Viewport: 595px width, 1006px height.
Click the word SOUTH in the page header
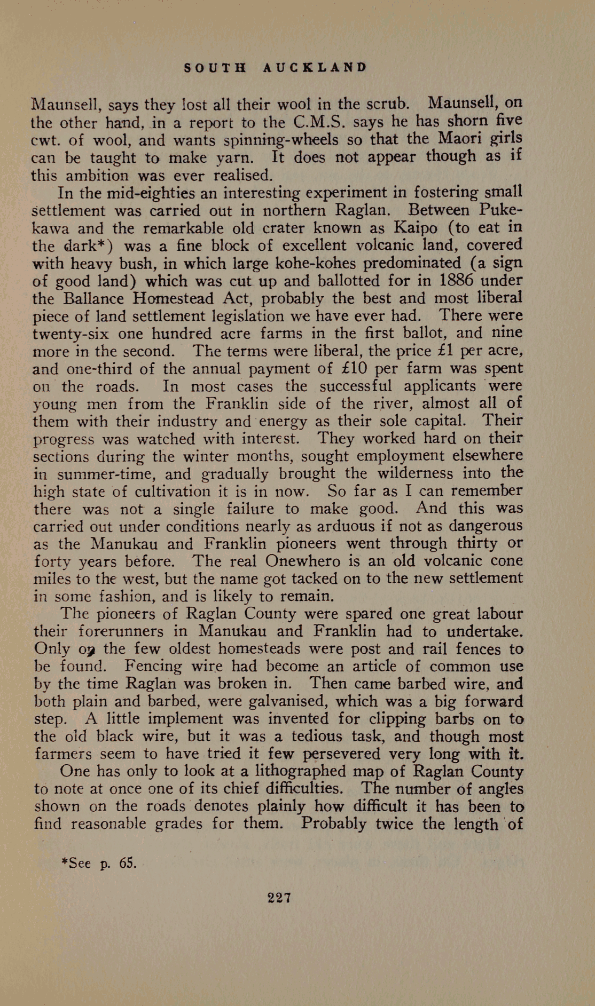[x=215, y=68]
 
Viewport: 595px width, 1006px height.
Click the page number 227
[x=279, y=898]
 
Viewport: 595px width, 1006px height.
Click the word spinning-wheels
[x=281, y=140]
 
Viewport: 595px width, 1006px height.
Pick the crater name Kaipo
[x=415, y=228]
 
